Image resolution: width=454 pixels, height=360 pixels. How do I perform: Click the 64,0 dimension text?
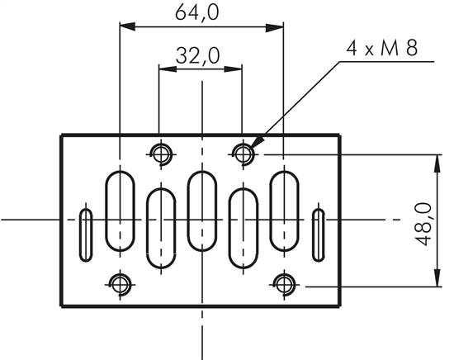(x=202, y=12)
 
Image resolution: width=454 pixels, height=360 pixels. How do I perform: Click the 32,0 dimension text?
(x=198, y=56)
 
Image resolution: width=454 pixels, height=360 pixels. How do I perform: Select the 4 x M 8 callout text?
(x=381, y=49)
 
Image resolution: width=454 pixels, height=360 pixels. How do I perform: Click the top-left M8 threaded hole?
(x=160, y=153)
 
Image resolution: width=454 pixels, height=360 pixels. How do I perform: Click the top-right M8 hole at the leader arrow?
(x=243, y=153)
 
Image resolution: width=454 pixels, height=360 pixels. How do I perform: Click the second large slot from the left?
(x=160, y=228)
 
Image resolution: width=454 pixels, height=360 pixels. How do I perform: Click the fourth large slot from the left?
(x=243, y=228)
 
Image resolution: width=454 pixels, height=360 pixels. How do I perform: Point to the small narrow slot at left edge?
(x=85, y=234)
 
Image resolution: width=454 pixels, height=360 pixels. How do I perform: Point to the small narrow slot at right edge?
(x=319, y=234)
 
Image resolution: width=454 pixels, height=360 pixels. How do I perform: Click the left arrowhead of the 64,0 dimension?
(x=126, y=27)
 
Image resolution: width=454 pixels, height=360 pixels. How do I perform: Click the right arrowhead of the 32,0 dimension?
(x=237, y=71)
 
